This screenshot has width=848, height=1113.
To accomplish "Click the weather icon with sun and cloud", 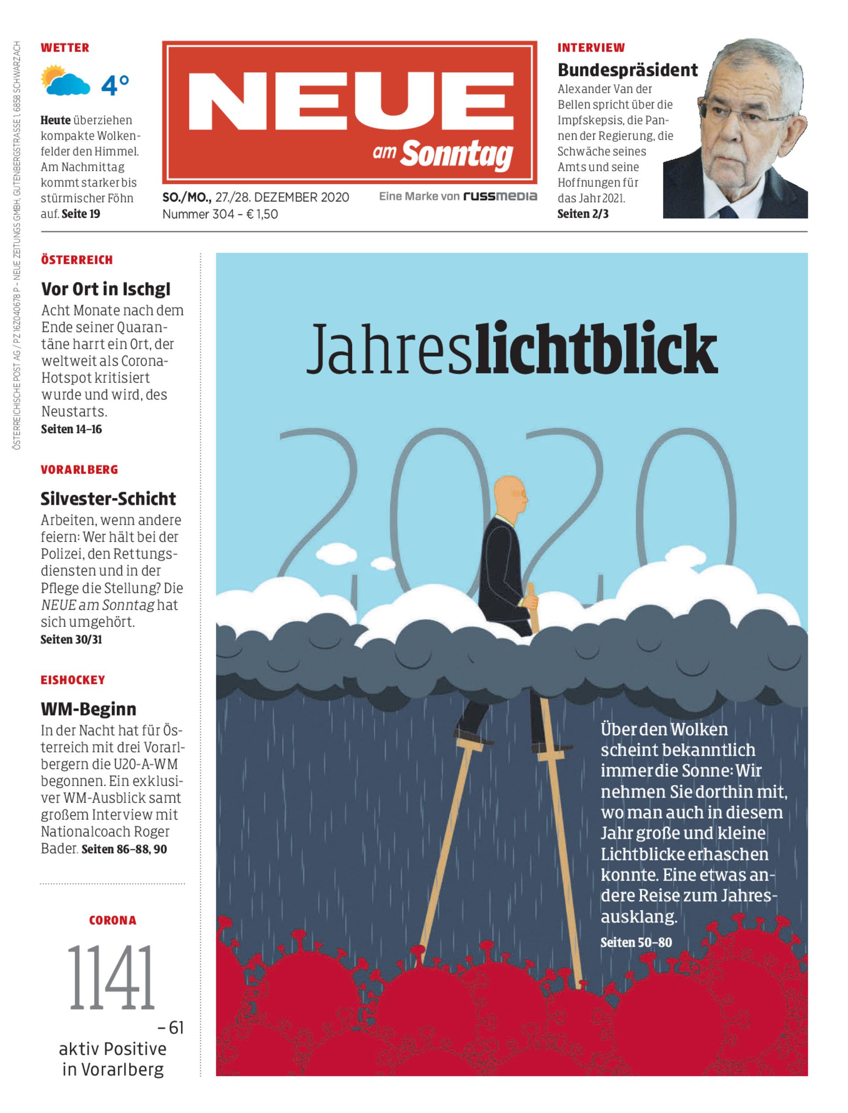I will point(65,81).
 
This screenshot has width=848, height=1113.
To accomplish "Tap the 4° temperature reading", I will point(114,85).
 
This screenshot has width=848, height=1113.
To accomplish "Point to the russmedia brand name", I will point(500,196).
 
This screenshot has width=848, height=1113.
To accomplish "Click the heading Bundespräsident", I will point(628,69).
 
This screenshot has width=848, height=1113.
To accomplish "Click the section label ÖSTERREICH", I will point(77,260).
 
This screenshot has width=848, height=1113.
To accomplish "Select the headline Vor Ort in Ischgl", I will point(106,289).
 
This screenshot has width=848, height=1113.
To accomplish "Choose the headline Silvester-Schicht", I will point(108,499).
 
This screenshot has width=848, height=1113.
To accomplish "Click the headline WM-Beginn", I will point(88,708).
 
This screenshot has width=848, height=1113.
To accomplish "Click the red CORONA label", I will point(112,920).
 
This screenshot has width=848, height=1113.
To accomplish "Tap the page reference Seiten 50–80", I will point(636,942).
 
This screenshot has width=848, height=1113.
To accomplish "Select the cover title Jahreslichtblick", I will point(511,348).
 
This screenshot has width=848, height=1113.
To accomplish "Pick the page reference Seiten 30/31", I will point(71,639).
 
